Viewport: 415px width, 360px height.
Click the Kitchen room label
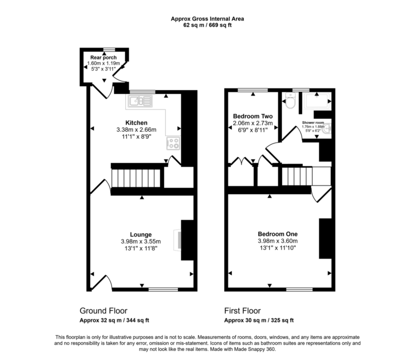click(x=136, y=123)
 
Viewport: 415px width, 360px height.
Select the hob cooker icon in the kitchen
click(x=173, y=143)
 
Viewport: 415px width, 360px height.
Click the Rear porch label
click(x=103, y=57)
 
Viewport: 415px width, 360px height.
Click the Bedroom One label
click(x=278, y=234)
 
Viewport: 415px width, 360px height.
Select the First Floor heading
click(x=243, y=311)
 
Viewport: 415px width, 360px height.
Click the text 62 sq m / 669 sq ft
click(x=207, y=25)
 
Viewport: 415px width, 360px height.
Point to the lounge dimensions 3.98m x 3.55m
click(x=136, y=241)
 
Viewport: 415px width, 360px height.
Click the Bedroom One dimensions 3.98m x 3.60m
click(x=278, y=241)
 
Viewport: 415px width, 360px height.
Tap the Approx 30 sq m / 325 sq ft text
click(x=259, y=320)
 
